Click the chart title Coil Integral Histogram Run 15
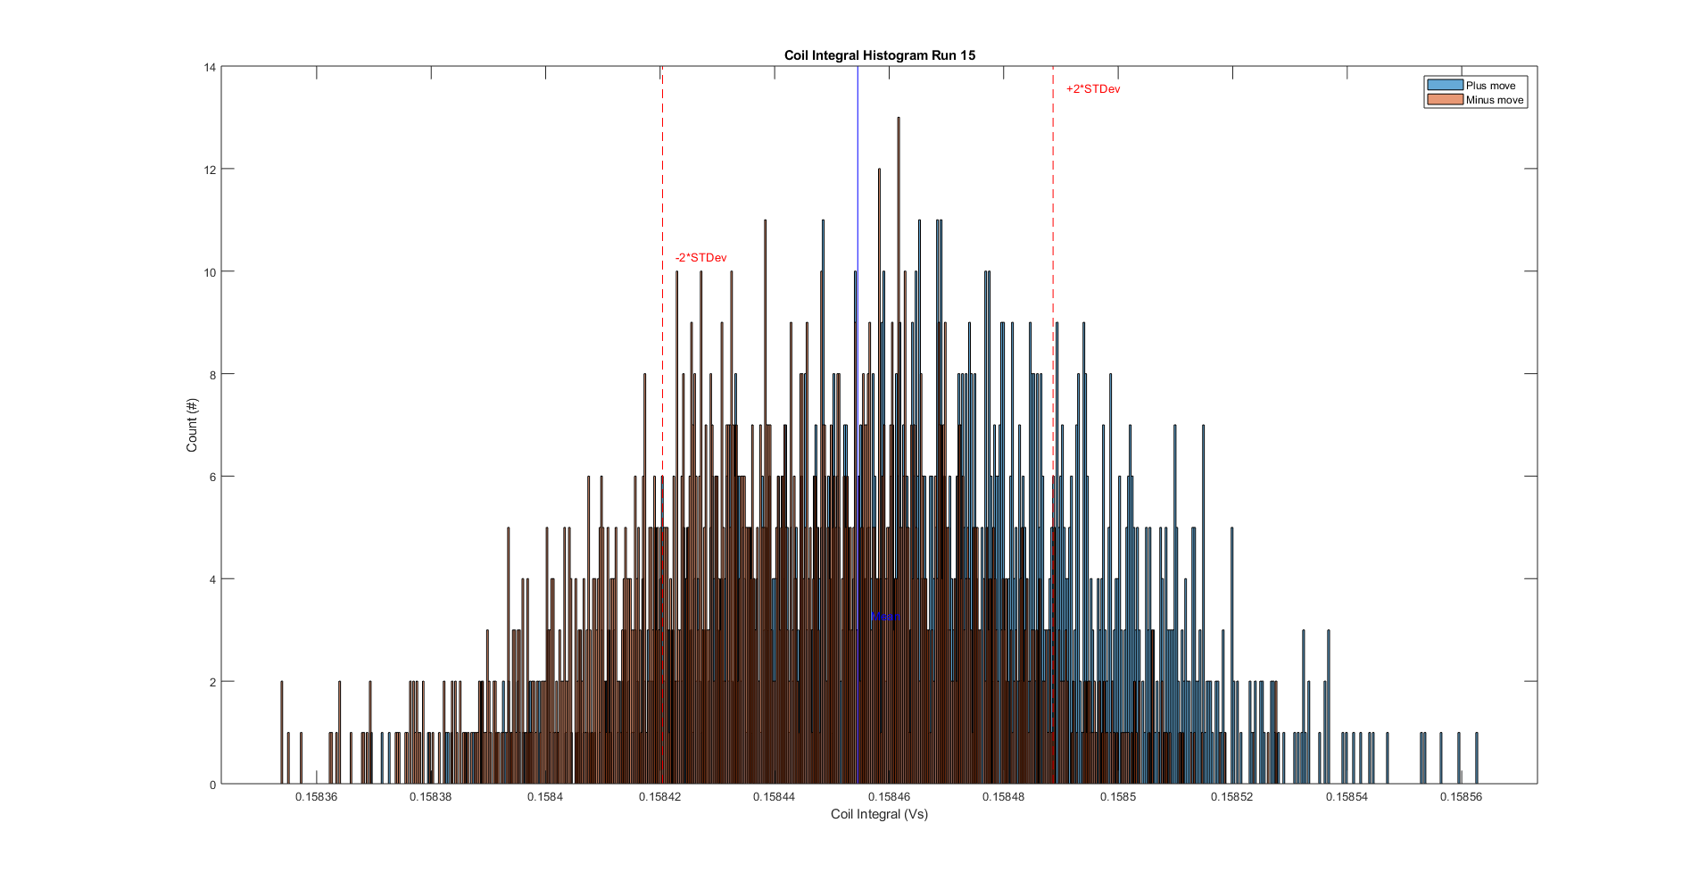click(879, 55)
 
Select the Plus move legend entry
click(1489, 86)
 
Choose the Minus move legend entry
click(1494, 100)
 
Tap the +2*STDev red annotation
click(1092, 89)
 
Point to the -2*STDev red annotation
click(700, 258)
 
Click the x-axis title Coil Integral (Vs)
click(879, 814)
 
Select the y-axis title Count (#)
click(192, 425)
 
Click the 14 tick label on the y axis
click(210, 67)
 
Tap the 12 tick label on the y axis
click(210, 170)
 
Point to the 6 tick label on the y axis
click(212, 477)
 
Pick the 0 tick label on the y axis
click(212, 785)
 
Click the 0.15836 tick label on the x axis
click(316, 797)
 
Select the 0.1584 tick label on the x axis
click(544, 797)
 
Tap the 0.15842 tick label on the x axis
click(659, 797)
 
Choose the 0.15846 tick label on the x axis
click(889, 797)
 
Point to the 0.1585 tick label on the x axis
click(1117, 797)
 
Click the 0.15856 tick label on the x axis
click(1461, 797)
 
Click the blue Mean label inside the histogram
click(885, 617)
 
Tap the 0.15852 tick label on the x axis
click(1231, 797)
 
